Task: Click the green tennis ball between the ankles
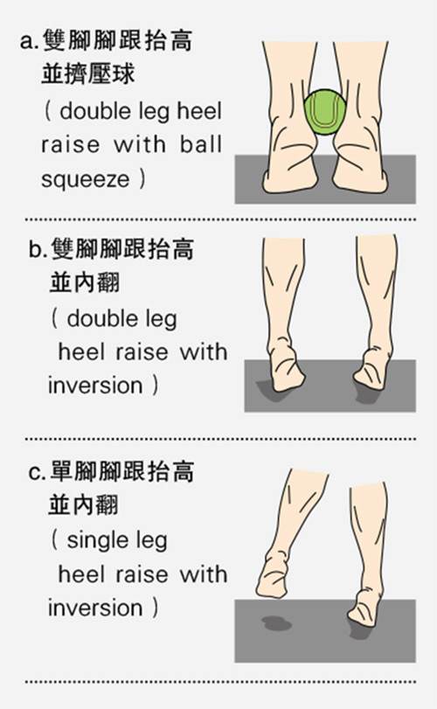click(325, 112)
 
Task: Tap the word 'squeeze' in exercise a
click(85, 179)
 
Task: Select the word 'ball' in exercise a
click(201, 144)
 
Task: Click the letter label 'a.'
click(29, 42)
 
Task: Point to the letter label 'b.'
click(38, 250)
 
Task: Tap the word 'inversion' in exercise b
click(95, 386)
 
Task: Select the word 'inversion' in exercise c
click(95, 608)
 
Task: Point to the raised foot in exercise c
click(273, 573)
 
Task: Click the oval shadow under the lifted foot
click(276, 623)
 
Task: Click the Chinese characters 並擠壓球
click(88, 74)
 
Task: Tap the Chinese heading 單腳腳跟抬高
click(122, 471)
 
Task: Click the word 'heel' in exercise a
click(199, 111)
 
